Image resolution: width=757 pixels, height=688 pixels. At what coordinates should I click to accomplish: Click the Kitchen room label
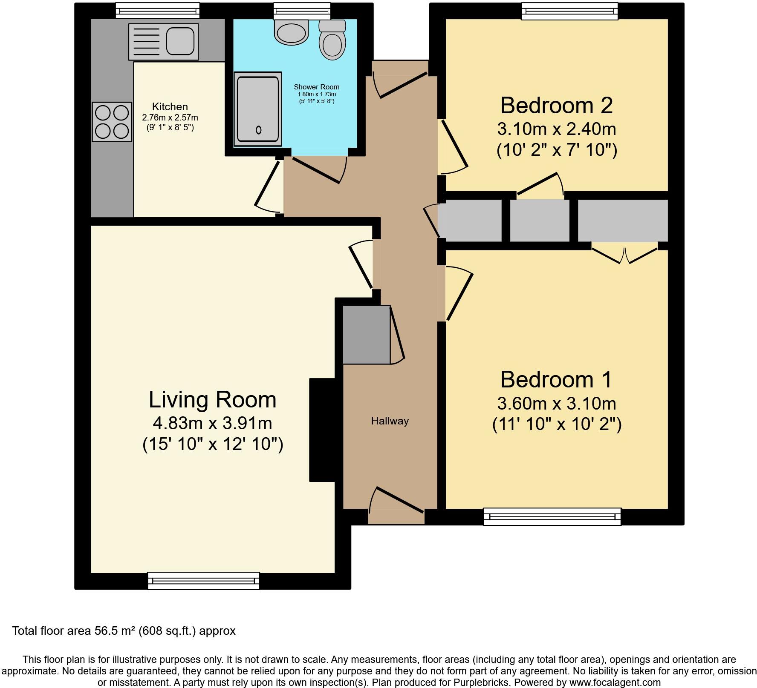tap(170, 107)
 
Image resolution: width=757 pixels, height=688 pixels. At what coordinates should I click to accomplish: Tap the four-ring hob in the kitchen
tap(112, 122)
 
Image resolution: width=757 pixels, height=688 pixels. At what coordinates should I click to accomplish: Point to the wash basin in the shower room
tap(291, 32)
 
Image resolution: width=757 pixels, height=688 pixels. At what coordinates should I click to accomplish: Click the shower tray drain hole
tap(258, 130)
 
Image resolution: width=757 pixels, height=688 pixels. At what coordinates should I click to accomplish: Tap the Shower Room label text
tap(317, 87)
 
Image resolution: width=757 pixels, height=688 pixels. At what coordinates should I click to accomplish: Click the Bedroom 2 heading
tap(556, 106)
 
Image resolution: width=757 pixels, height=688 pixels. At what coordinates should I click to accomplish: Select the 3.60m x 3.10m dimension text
tap(556, 403)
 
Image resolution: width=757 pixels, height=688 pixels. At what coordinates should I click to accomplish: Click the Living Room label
tap(212, 400)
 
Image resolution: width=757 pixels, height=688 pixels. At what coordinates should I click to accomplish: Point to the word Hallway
tap(390, 421)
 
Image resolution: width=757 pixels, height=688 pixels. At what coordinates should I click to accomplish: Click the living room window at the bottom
tap(203, 581)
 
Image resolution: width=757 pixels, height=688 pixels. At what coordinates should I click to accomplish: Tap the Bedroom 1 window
tap(552, 516)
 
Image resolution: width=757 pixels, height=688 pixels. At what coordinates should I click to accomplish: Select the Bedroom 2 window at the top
tap(570, 11)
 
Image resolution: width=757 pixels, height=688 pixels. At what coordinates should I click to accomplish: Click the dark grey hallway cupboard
tap(367, 335)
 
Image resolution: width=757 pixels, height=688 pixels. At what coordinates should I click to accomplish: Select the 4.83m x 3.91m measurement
tap(212, 423)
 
